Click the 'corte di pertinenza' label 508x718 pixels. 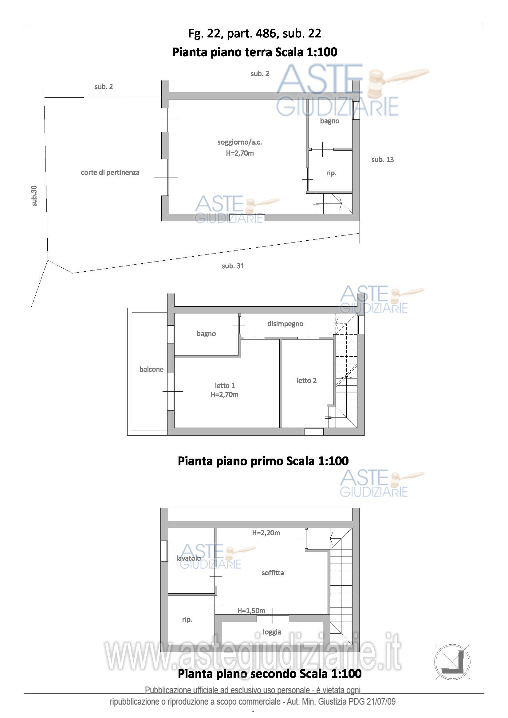pos(110,172)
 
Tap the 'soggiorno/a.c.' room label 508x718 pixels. pos(240,142)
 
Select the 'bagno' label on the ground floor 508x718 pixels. pos(329,121)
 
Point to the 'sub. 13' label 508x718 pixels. pos(383,160)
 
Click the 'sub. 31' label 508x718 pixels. pos(233,266)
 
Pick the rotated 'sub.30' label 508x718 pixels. pos(34,196)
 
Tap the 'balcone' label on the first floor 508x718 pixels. pos(152,369)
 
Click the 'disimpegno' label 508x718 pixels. pos(285,324)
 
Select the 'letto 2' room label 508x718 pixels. pos(306,380)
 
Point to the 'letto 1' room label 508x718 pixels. pos(225,386)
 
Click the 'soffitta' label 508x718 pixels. pos(273,572)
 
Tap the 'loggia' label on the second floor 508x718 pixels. pos(272,632)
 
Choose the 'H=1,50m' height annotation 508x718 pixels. pos(251,611)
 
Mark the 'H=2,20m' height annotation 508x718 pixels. pos(266,533)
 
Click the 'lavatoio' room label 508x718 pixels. pos(188,558)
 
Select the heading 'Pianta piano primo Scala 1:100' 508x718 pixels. pos(263,461)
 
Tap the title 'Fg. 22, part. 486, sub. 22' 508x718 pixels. pos(255,33)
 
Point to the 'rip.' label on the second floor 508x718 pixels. pos(187,619)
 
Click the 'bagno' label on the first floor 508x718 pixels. pos(206,334)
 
